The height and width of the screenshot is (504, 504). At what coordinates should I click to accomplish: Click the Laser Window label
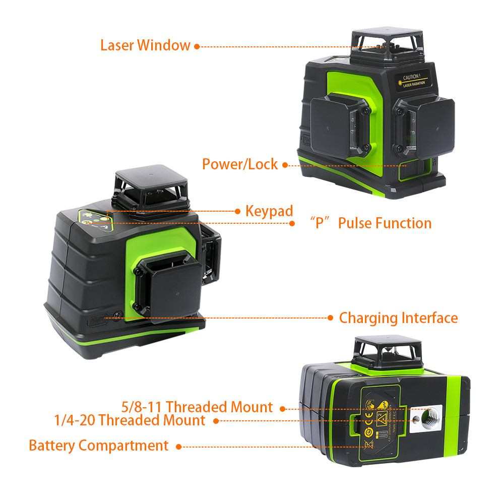click(x=145, y=45)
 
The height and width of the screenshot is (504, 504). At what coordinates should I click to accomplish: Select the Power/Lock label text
click(x=240, y=164)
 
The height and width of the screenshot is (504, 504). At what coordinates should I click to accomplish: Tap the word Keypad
click(x=269, y=211)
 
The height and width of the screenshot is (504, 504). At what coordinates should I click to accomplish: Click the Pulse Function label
click(x=372, y=223)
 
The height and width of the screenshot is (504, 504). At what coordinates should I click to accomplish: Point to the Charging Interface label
click(x=398, y=318)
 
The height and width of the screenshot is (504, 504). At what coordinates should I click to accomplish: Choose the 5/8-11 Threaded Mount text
click(x=197, y=407)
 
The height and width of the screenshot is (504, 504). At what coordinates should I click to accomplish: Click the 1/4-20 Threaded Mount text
click(x=130, y=420)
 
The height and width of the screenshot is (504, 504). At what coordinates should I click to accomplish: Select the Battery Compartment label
click(x=98, y=446)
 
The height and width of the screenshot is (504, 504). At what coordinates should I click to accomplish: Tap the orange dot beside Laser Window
click(x=197, y=46)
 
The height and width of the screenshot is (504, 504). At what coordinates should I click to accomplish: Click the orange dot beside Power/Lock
click(x=285, y=165)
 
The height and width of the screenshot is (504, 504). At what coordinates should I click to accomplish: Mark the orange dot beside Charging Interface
click(x=330, y=318)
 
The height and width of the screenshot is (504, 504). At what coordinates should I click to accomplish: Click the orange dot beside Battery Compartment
click(x=179, y=446)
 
